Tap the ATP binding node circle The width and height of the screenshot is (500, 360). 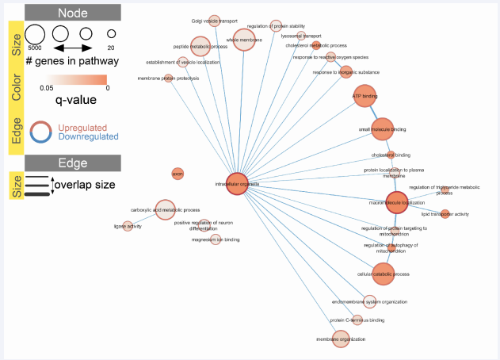pos(365,96)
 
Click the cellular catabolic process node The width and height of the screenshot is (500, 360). pos(383,274)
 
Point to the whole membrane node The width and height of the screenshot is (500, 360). pos(245,39)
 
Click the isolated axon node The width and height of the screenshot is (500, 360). pos(177,173)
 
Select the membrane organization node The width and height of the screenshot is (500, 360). pos(341,339)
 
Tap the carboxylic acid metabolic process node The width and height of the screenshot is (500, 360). pos(165,209)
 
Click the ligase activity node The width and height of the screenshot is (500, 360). pos(128,226)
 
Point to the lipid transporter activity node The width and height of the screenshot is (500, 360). pos(445,214)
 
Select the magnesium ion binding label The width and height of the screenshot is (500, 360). pos(216,239)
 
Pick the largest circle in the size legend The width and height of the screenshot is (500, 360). pos(35,34)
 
